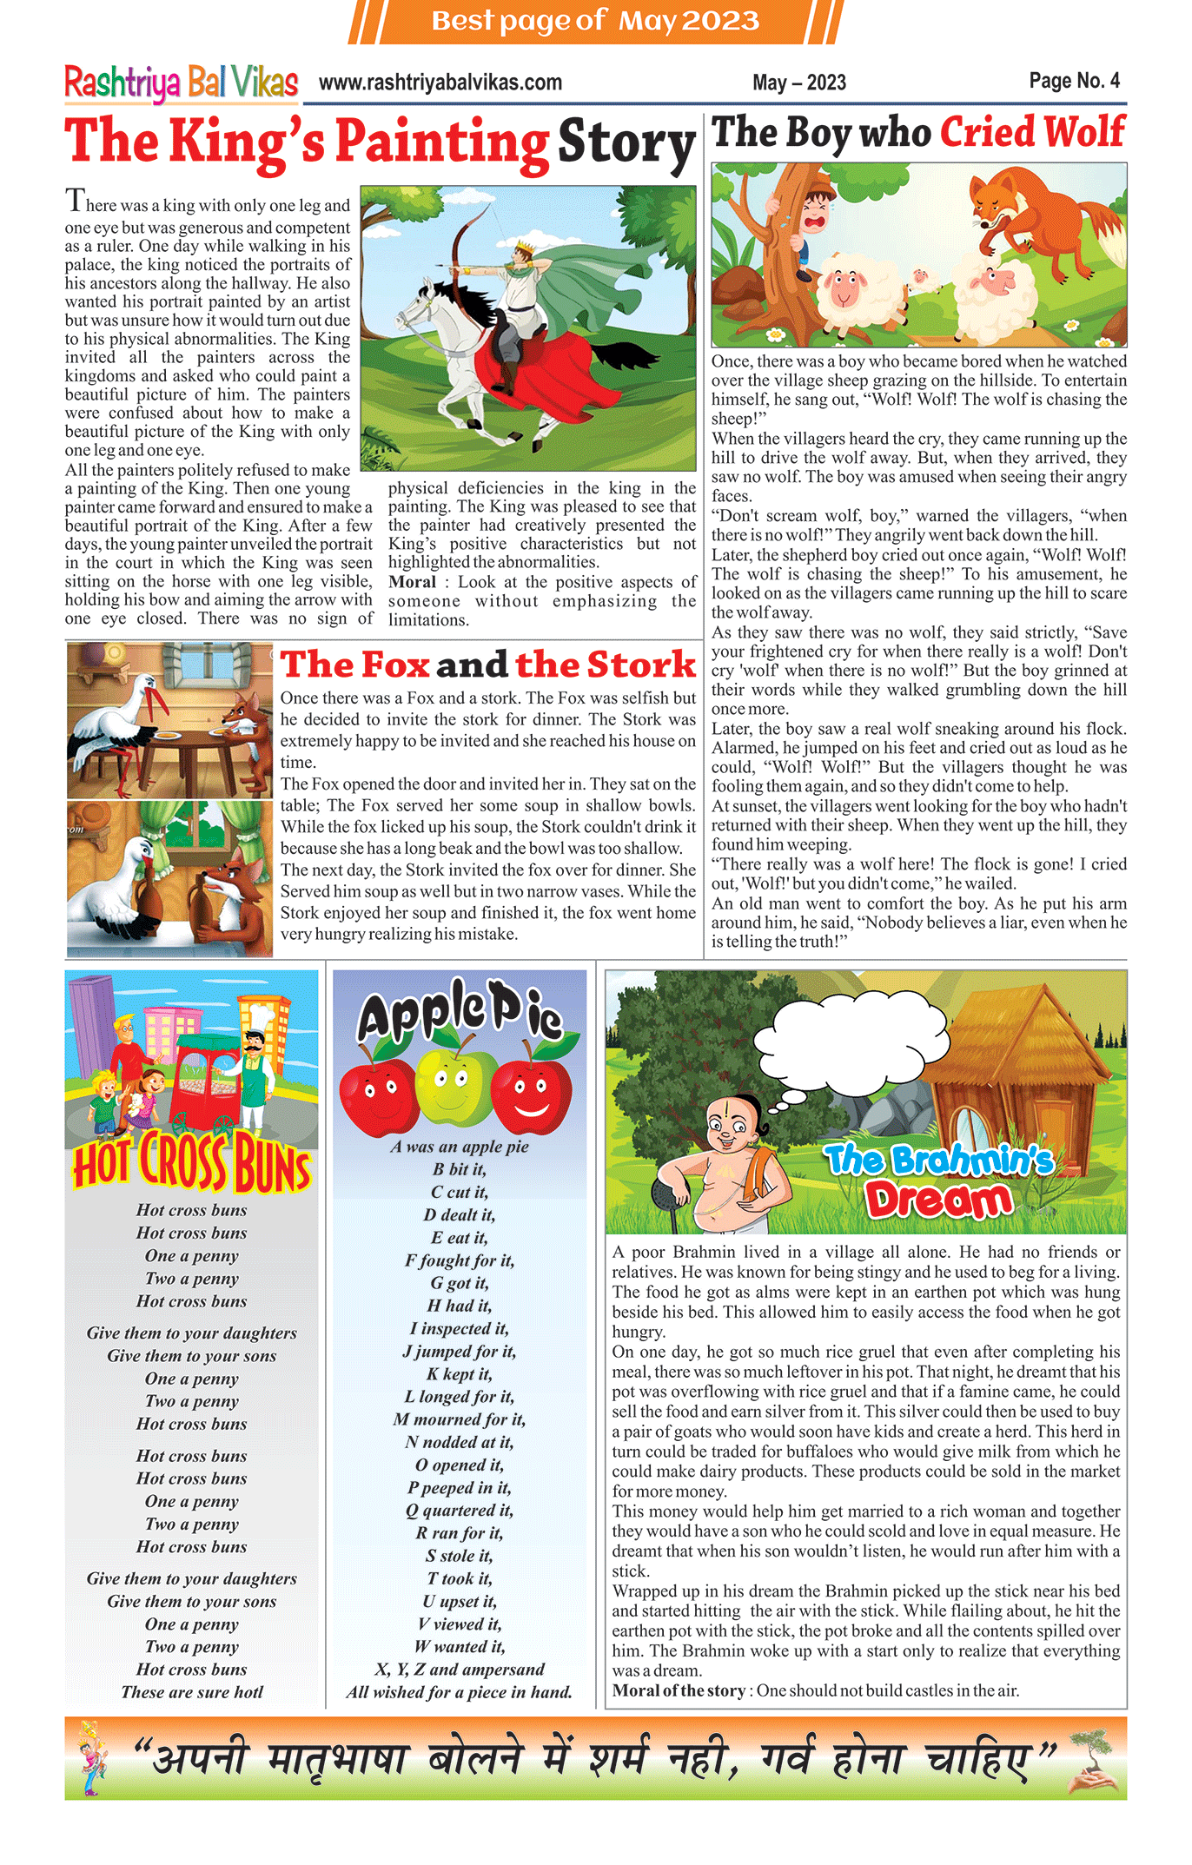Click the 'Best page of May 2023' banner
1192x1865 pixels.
coord(595,21)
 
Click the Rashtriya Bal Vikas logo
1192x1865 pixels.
coord(181,83)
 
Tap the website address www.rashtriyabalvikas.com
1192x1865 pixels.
coord(440,83)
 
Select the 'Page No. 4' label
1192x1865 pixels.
coord(1074,81)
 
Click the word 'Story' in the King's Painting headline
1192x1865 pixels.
coord(626,143)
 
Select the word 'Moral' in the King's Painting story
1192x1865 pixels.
coord(412,582)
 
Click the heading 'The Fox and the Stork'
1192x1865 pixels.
coord(487,665)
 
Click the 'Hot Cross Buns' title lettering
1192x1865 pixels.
coord(191,1162)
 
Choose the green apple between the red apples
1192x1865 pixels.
coord(456,1086)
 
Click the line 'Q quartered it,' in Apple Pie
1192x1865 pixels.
coord(459,1511)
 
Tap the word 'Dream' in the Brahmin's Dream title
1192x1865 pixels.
coord(938,1200)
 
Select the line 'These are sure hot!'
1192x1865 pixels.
coord(191,1692)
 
